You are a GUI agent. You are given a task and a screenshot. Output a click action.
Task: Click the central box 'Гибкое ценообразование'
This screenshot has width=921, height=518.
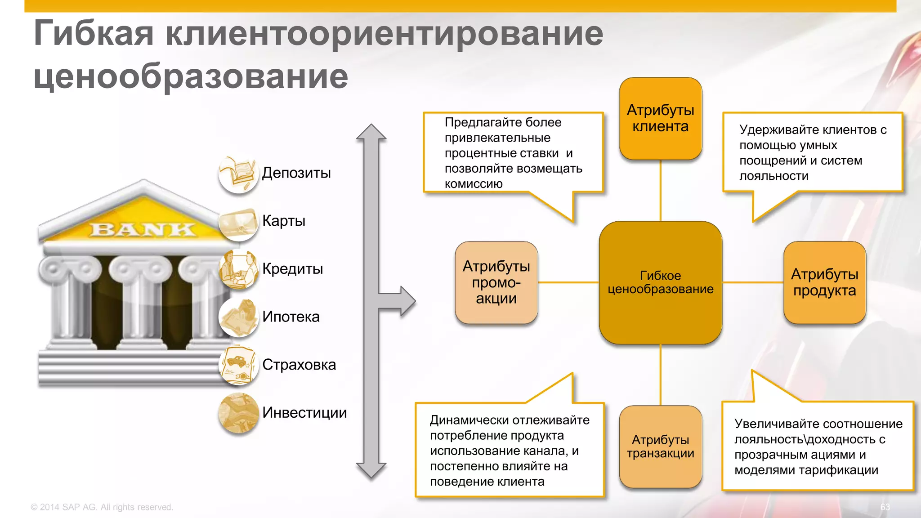(660, 282)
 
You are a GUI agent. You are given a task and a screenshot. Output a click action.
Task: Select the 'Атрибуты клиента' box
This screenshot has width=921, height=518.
(660, 118)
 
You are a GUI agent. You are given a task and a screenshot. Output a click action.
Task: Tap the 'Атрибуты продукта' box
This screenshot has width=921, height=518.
(824, 282)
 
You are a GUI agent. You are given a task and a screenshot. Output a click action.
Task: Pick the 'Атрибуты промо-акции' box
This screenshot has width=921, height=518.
(496, 282)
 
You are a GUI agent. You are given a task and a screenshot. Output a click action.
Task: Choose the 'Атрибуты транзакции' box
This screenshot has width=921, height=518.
(660, 447)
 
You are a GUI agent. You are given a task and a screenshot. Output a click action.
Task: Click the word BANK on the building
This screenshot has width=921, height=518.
(143, 229)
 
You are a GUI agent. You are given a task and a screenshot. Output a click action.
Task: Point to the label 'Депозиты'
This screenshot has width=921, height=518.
(296, 173)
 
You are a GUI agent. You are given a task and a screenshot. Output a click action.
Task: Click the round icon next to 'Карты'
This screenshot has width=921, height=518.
(238, 223)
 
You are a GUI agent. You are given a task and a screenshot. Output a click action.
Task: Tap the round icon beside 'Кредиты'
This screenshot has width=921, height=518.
(238, 269)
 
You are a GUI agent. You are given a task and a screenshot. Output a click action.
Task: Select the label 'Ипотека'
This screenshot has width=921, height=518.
(291, 317)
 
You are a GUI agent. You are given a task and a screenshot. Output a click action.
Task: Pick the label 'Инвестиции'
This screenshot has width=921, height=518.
(304, 413)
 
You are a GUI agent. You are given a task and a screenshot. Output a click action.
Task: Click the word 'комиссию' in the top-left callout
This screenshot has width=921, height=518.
(474, 184)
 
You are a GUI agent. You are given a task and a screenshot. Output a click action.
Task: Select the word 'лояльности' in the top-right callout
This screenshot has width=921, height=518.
(773, 176)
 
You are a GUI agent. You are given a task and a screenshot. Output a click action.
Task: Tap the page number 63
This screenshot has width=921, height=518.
(885, 507)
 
